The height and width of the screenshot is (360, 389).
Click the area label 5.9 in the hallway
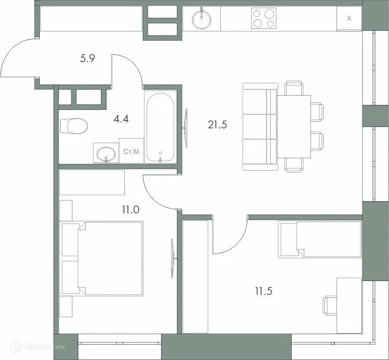coord(88,59)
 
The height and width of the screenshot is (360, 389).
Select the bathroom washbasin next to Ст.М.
coord(106,153)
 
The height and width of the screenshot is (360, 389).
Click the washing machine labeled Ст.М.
coord(132,152)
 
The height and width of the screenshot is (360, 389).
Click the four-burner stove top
coord(264,19)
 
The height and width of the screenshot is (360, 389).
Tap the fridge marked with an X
coord(349,19)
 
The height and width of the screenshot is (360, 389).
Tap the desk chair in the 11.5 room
coord(329,306)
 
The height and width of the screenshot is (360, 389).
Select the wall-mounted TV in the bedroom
coord(173,259)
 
